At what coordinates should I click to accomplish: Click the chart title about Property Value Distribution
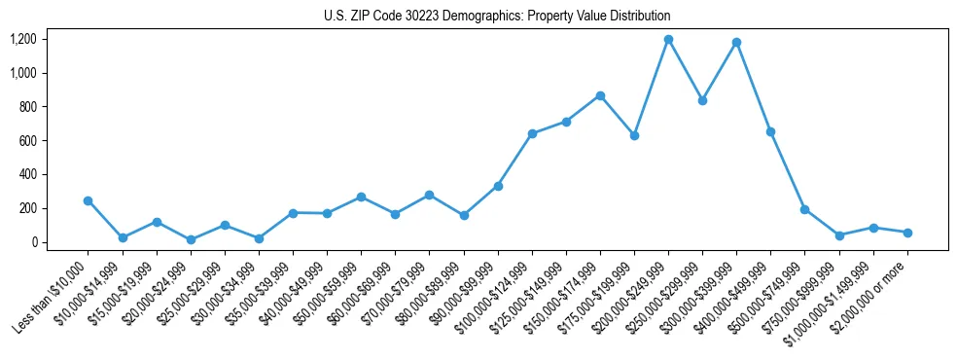(497, 17)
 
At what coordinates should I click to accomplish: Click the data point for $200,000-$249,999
(668, 40)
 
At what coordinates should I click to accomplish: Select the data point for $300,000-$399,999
(736, 43)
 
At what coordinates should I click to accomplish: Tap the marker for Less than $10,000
(89, 200)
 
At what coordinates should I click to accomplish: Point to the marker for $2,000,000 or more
(907, 233)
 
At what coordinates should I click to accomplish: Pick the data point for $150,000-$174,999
(600, 95)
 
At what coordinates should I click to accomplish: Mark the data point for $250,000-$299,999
(702, 100)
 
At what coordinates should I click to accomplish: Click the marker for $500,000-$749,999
(804, 209)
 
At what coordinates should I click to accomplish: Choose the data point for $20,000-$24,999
(191, 239)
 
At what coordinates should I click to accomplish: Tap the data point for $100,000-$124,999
(532, 133)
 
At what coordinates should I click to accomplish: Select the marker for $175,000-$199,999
(634, 135)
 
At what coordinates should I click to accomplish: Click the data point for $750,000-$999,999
(839, 235)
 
